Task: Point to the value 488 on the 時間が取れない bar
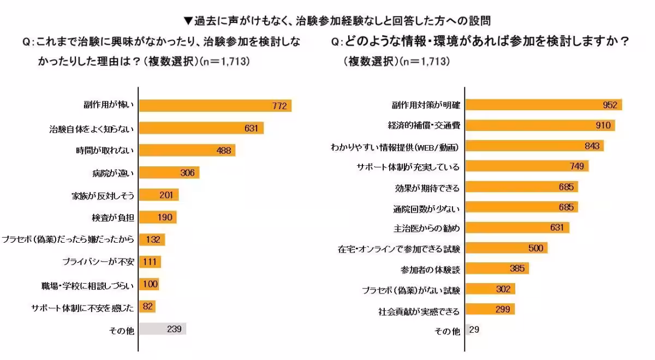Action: pyautogui.click(x=224, y=151)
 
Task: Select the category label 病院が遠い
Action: pyautogui.click(x=113, y=173)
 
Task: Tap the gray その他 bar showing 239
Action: pyautogui.click(x=162, y=328)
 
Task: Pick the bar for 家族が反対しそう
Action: pyautogui.click(x=158, y=195)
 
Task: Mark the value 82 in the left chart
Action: pyautogui.click(x=147, y=307)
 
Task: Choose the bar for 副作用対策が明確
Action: pyautogui.click(x=544, y=105)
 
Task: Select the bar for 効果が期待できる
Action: pyautogui.click(x=521, y=188)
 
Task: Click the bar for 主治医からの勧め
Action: pyautogui.click(x=517, y=227)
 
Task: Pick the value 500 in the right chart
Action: pyautogui.click(x=535, y=248)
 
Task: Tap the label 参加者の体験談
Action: pyautogui.click(x=431, y=269)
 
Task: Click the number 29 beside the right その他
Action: pyautogui.click(x=474, y=330)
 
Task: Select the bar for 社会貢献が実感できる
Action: pyautogui.click(x=490, y=309)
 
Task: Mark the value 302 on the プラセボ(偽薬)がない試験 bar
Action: pyautogui.click(x=503, y=289)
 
